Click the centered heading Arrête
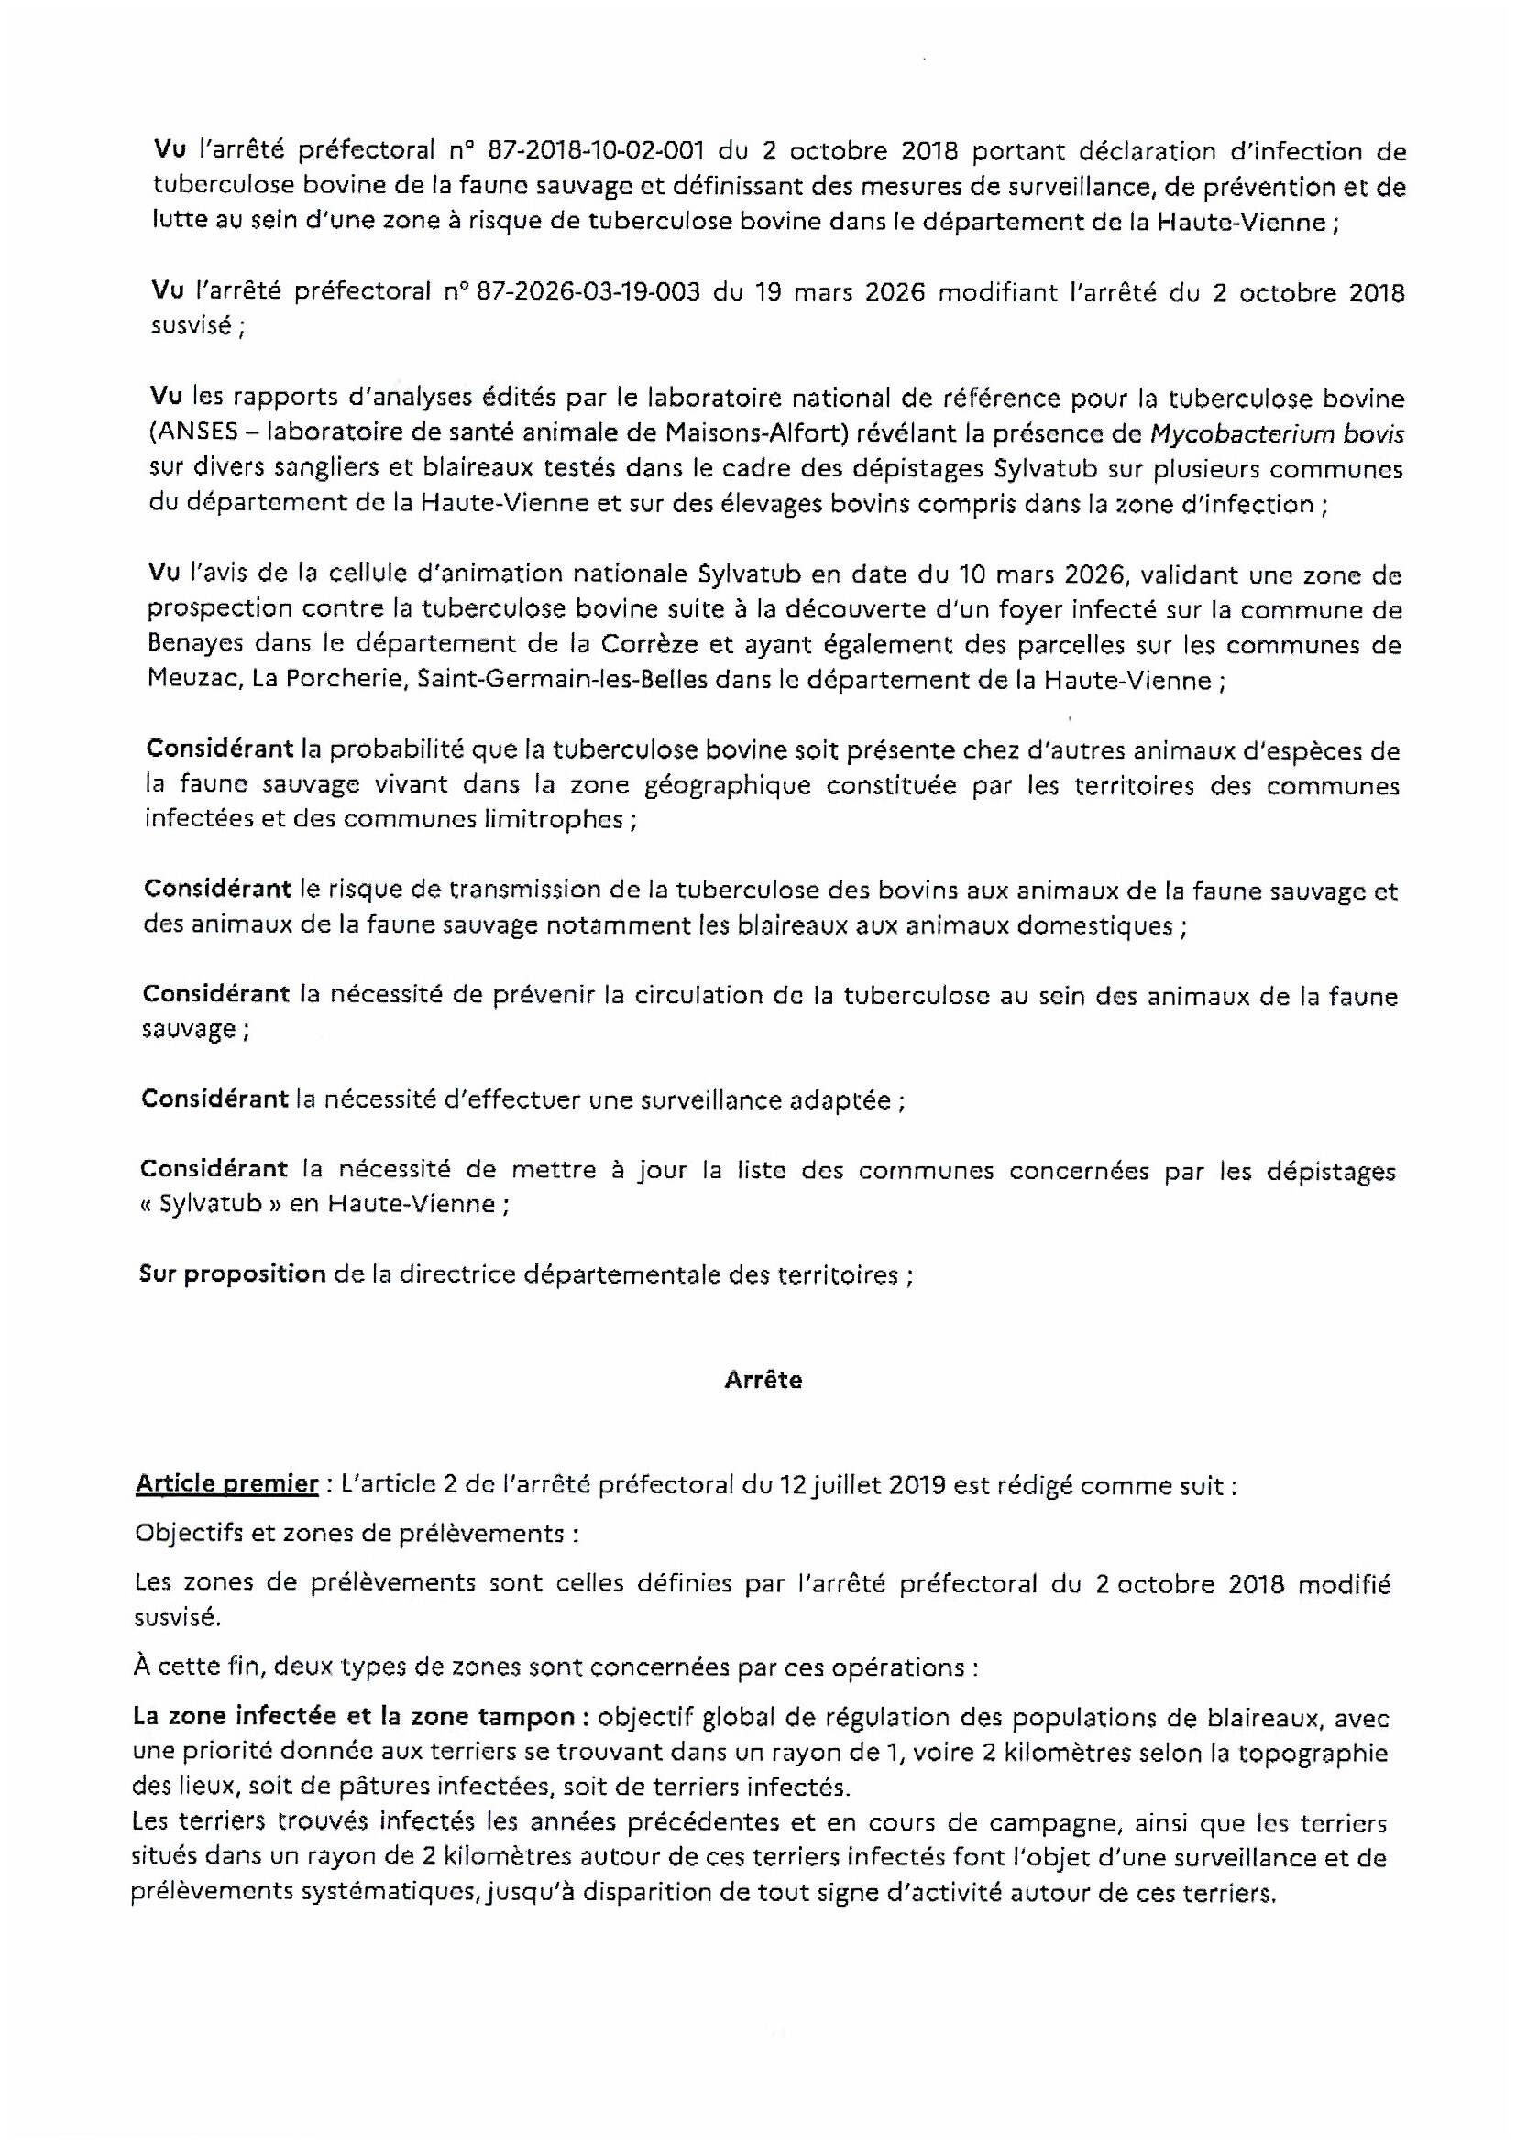click(x=763, y=1380)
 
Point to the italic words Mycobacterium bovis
click(x=1277, y=434)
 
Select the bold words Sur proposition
click(x=233, y=1274)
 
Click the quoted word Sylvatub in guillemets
click(x=209, y=1204)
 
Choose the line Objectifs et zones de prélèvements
click(x=349, y=1533)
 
